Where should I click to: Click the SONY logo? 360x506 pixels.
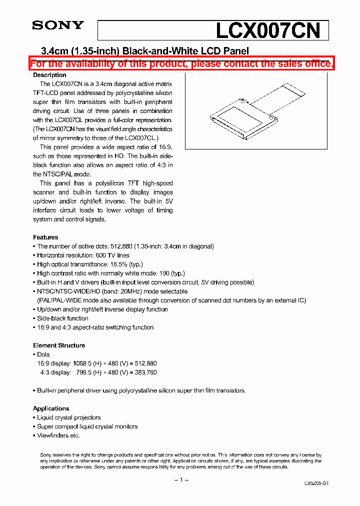click(x=58, y=25)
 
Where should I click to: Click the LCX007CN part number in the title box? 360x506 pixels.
click(x=267, y=31)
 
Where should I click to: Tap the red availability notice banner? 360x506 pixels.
click(x=181, y=63)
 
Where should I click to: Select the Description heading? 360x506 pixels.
click(x=49, y=75)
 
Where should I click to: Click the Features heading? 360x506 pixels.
click(x=45, y=237)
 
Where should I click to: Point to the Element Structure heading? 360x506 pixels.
click(x=59, y=345)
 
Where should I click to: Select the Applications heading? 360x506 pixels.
click(x=51, y=408)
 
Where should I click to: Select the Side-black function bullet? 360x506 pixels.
click(x=62, y=318)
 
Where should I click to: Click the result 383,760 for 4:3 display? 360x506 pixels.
click(x=145, y=372)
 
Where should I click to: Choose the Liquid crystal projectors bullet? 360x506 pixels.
click(x=68, y=417)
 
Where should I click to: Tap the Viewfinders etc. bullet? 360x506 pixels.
click(x=58, y=435)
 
